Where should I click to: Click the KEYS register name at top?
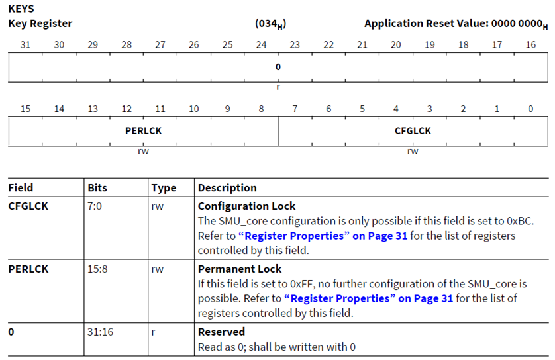tap(21, 9)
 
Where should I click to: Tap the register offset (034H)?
tap(270, 24)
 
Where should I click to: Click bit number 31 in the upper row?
tap(25, 45)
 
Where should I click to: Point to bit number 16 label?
tap(530, 45)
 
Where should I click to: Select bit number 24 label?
tap(261, 45)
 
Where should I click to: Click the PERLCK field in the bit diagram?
tap(143, 130)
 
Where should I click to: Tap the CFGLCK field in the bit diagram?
tap(413, 130)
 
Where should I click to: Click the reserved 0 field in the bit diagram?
tap(278, 67)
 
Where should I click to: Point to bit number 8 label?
tap(261, 109)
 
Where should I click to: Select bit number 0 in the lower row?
tap(530, 109)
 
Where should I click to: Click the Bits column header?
tap(97, 188)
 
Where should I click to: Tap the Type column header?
tap(164, 188)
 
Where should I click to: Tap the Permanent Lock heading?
tap(240, 269)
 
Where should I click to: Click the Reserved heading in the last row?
tap(221, 332)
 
